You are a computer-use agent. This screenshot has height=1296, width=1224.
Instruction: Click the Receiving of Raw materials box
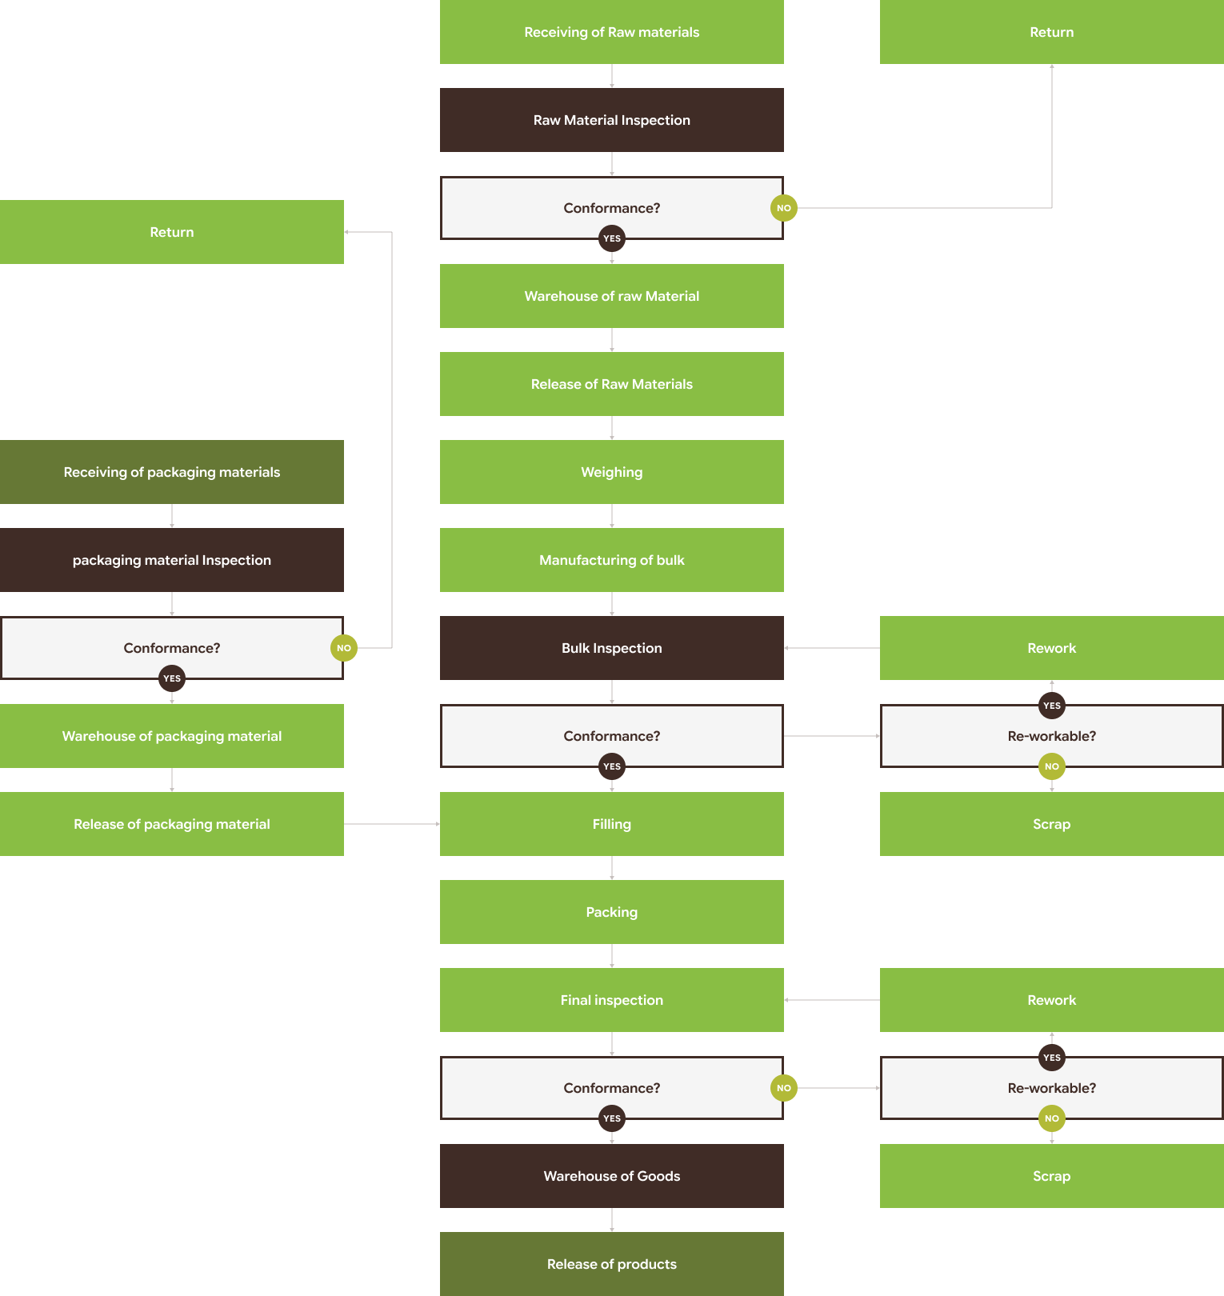pos(612,32)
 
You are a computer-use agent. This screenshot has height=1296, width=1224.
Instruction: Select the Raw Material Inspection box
pos(612,120)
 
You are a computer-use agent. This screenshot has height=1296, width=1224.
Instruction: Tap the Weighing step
pos(612,472)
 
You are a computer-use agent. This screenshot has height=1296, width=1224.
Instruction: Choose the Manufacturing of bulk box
pos(612,560)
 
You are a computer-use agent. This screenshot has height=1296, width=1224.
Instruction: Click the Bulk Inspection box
pos(612,648)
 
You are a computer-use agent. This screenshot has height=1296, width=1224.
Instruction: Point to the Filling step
pos(612,824)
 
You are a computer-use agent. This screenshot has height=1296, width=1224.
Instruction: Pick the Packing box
pos(612,912)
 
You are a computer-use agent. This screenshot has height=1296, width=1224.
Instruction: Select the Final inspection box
pos(612,1000)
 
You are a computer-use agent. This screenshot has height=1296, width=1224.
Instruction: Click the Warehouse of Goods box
pos(612,1176)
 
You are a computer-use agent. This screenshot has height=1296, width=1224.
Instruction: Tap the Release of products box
pos(612,1264)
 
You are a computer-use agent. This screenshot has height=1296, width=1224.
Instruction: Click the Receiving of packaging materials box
pos(172,472)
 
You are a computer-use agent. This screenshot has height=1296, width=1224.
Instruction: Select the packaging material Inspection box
pos(172,560)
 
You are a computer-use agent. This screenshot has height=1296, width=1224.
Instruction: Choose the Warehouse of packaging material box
pos(172,736)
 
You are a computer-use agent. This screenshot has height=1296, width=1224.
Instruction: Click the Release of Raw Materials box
pos(612,384)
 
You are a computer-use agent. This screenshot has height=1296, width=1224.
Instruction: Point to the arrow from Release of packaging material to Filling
pos(392,824)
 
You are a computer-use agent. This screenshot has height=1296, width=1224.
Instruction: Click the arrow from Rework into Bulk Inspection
pos(832,648)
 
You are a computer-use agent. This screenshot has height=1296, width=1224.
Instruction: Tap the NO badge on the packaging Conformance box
pos(344,648)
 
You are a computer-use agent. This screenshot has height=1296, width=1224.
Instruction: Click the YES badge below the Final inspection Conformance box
pos(612,1118)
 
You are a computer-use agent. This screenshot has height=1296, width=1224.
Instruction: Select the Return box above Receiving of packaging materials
pos(172,232)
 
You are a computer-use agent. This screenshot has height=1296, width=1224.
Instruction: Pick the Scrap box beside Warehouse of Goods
pos(1052,1176)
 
